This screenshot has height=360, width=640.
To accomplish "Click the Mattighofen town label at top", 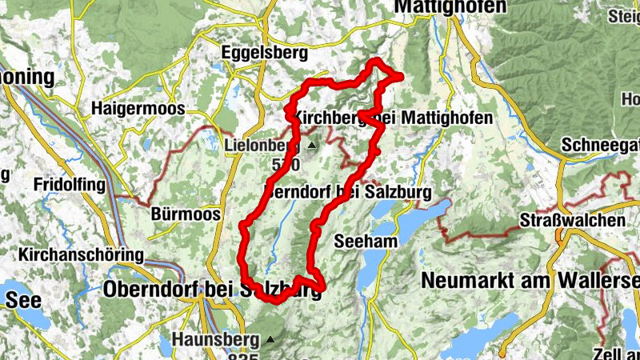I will tap(451, 7).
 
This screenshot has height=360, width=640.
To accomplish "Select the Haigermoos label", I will tap(138, 108).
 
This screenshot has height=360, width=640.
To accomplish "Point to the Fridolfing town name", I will tap(70, 185).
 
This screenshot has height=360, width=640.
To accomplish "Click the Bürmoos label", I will tap(179, 214).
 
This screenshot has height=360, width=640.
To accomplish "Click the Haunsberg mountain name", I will tap(214, 339).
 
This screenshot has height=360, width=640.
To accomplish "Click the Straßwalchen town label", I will tap(571, 220).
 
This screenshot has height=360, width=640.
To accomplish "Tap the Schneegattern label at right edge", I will tap(600, 145).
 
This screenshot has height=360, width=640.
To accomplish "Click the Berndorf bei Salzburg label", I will tap(347, 193).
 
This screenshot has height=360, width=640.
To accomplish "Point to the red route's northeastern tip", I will tap(399, 75).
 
